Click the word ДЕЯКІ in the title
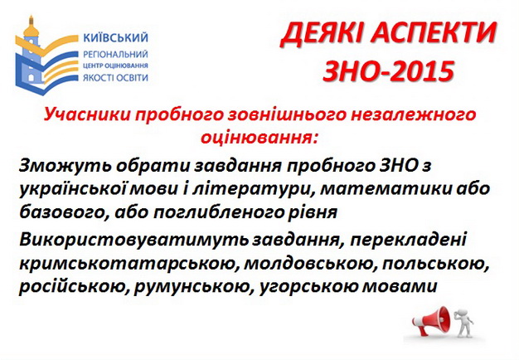[x=320, y=35]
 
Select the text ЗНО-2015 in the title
[x=388, y=71]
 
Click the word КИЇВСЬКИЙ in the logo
[x=116, y=37]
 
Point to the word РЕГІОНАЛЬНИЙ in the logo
[x=115, y=54]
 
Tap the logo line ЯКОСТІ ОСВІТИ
[x=115, y=78]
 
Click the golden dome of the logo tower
[x=32, y=29]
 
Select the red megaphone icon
[x=431, y=319]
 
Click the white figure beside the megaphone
[x=463, y=320]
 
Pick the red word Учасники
[x=87, y=114]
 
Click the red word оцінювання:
[x=259, y=137]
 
